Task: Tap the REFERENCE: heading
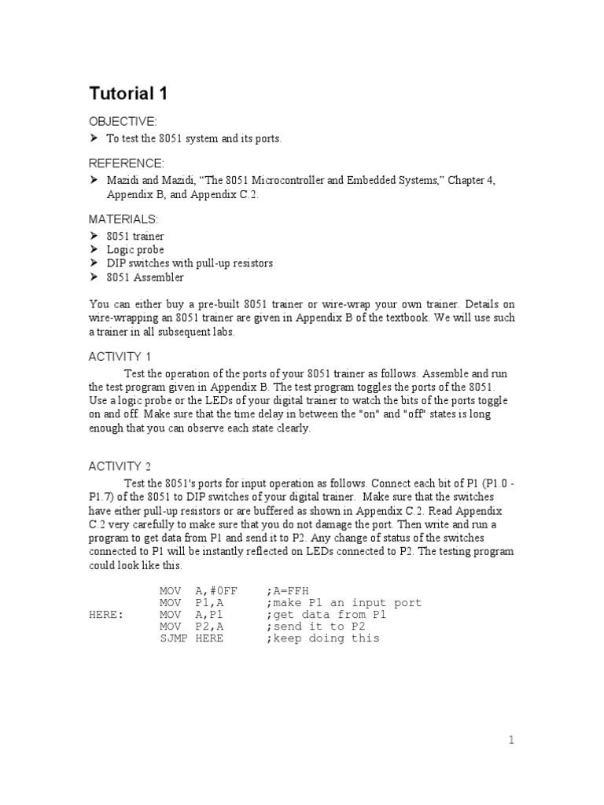point(127,163)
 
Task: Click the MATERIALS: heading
point(123,219)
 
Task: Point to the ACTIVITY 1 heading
point(120,335)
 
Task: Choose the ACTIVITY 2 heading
point(120,466)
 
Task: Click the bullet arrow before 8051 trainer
point(93,236)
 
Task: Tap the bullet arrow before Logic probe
point(93,250)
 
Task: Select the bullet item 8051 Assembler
point(145,277)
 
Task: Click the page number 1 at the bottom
point(510,740)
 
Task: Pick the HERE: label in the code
point(106,615)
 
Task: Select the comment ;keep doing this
point(322,638)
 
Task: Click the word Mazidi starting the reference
point(123,181)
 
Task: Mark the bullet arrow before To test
point(93,138)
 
